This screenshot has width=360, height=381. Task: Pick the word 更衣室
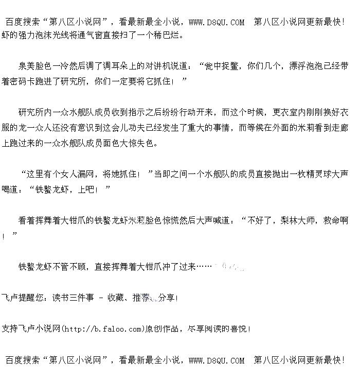289,112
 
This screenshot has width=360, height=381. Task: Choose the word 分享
167,298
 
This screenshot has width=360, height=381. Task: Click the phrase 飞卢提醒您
22,298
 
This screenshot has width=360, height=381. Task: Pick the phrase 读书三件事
73,298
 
